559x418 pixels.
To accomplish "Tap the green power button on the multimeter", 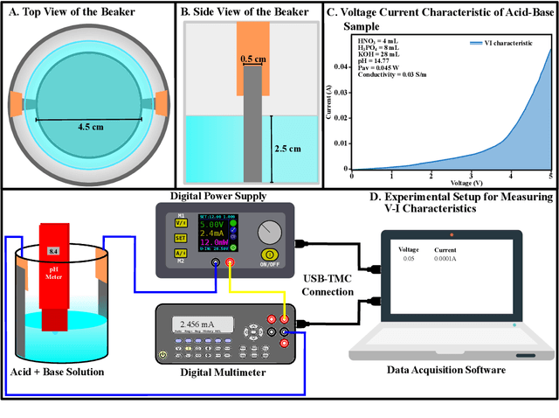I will coord(163,355).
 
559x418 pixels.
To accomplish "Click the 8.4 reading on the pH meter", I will coord(54,252).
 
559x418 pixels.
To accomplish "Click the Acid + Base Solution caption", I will coord(57,373).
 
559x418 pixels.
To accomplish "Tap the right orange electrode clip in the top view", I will coord(161,105).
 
